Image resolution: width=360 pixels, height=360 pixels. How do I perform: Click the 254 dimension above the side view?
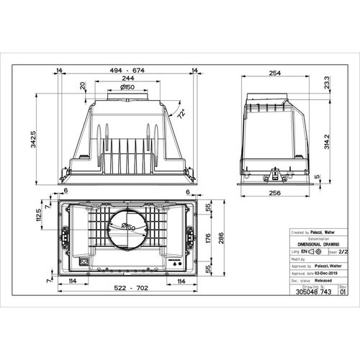[274, 73]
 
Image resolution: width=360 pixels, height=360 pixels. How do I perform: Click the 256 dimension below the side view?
[274, 194]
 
